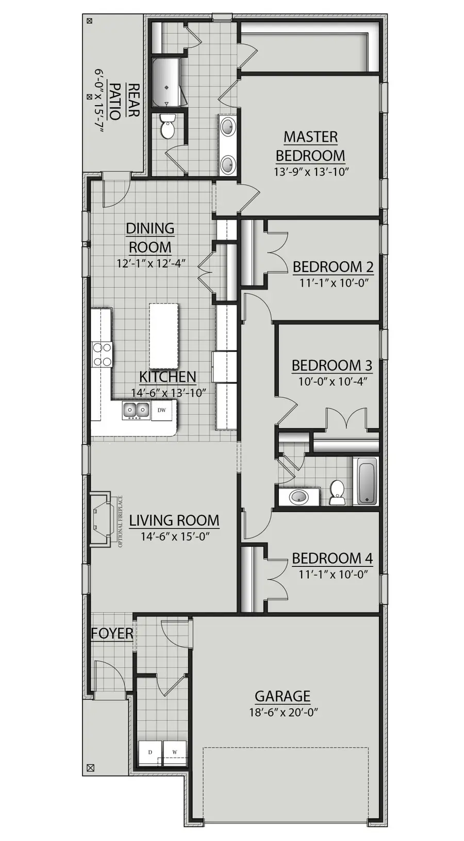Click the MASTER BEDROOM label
click(310, 146)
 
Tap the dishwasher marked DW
click(162, 410)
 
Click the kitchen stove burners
click(102, 355)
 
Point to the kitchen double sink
click(136, 410)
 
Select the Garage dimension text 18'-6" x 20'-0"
click(283, 713)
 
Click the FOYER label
click(112, 633)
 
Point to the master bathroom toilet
click(168, 127)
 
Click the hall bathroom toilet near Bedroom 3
click(337, 493)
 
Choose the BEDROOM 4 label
click(332, 559)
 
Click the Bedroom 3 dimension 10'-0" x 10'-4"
click(333, 382)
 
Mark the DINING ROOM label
click(150, 238)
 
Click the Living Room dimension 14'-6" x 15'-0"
click(175, 536)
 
